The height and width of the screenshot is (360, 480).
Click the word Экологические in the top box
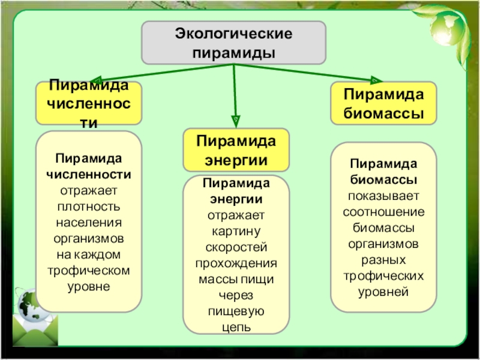coord(233,34)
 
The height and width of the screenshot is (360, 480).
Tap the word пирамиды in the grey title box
coord(233,53)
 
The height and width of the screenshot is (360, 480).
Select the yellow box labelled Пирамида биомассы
coord(383,103)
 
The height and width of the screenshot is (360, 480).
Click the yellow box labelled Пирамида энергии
coord(236,150)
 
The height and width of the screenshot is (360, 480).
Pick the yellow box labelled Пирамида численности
coord(89,103)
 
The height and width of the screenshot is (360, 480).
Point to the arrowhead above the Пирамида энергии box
coord(235,121)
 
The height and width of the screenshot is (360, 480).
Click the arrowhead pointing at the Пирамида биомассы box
coord(376,80)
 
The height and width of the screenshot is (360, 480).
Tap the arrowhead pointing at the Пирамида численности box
coord(95,80)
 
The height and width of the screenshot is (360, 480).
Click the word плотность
coord(89,206)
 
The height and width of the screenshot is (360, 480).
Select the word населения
coord(89,223)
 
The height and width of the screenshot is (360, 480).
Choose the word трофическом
coord(89,271)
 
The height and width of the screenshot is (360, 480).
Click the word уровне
coord(89,287)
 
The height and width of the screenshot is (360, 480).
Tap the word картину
coord(236,232)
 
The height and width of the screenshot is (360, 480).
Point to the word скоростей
coord(236,247)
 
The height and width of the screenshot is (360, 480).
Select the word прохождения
coord(236,263)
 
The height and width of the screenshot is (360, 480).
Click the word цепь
coord(236,328)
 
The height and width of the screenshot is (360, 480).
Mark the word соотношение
coord(383,212)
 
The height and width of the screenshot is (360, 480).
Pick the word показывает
coord(383,196)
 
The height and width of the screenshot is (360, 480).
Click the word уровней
coord(383,292)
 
